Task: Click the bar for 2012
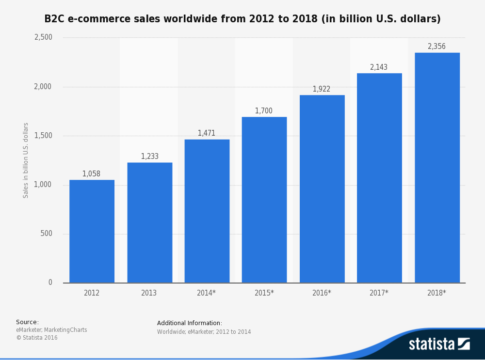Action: pyautogui.click(x=92, y=231)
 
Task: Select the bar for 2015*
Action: pyautogui.click(x=264, y=200)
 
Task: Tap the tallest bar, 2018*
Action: pyautogui.click(x=437, y=168)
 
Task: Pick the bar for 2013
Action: pyautogui.click(x=149, y=222)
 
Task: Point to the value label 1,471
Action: pyautogui.click(x=206, y=133)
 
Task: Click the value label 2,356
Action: pyautogui.click(x=436, y=47)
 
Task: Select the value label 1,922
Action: pyautogui.click(x=322, y=89)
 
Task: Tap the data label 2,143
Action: pyautogui.click(x=379, y=67)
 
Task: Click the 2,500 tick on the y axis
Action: pyautogui.click(x=43, y=37)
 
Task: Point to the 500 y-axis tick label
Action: pyautogui.click(x=47, y=234)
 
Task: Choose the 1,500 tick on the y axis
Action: pyautogui.click(x=43, y=136)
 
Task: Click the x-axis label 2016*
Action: pyautogui.click(x=322, y=293)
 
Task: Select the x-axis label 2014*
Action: pyautogui.click(x=206, y=293)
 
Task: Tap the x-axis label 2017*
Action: pyautogui.click(x=379, y=293)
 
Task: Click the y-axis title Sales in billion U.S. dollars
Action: pyautogui.click(x=26, y=160)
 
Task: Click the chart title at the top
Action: pyautogui.click(x=242, y=19)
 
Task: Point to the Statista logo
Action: pyautogui.click(x=439, y=344)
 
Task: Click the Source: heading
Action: pyautogui.click(x=27, y=322)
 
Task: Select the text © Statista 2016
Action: pyautogui.click(x=37, y=338)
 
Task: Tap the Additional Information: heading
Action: pyautogui.click(x=190, y=323)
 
